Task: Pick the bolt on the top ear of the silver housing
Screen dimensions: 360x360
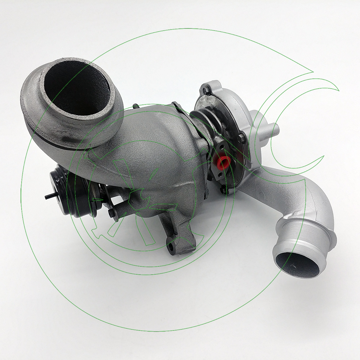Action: point(207,87)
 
